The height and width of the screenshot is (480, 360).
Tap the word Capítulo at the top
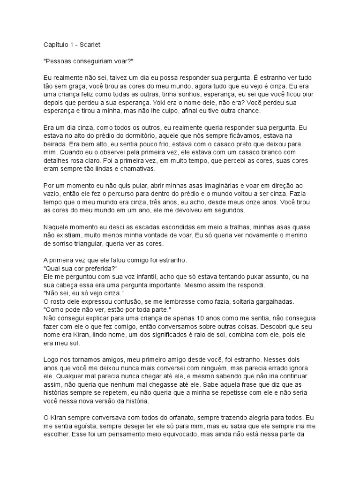point(55,45)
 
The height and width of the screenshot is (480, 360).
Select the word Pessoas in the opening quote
point(59,61)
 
